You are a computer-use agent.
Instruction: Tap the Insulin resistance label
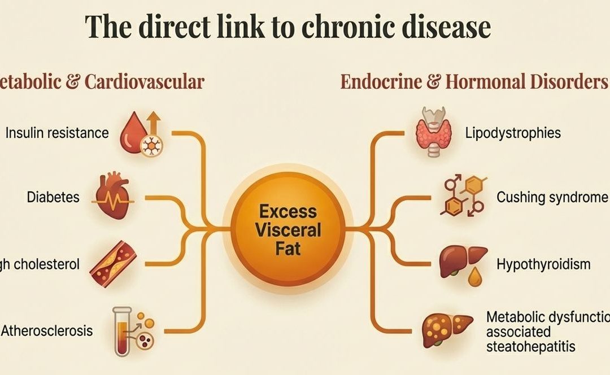tap(56, 133)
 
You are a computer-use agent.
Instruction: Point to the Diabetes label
tap(53, 197)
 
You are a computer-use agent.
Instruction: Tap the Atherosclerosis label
tap(47, 330)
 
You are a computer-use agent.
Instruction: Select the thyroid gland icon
tap(434, 130)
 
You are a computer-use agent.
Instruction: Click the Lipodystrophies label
tap(513, 133)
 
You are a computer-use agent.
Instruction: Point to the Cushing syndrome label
tap(552, 197)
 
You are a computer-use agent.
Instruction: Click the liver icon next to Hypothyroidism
tap(462, 262)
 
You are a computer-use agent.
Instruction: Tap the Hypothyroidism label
tap(543, 264)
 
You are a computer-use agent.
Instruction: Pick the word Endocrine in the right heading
tap(385, 82)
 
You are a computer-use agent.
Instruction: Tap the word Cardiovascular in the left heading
tap(144, 82)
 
